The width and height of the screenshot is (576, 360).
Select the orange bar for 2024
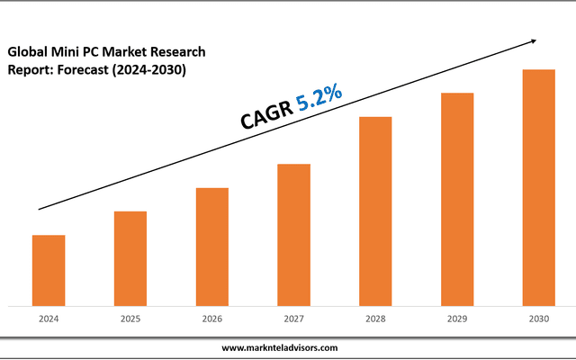pos(49,270)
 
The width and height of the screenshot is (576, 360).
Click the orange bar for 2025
pos(130,258)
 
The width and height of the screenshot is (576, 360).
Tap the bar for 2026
pos(212,247)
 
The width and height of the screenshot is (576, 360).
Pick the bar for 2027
pos(293,235)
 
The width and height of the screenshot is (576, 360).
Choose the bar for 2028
pos(375,211)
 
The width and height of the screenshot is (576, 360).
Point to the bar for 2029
pos(457,199)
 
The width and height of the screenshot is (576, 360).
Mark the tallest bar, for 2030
pos(539,187)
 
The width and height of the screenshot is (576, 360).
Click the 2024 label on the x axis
pos(49,319)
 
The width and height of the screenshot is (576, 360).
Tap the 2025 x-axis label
pos(130,319)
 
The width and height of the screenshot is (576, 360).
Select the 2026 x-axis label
pos(212,319)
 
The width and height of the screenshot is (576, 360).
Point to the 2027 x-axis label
pos(293,319)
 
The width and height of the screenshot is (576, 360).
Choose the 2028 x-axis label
pos(375,319)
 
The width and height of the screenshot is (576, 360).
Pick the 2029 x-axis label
pos(457,319)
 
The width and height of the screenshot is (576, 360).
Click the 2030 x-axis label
pos(539,319)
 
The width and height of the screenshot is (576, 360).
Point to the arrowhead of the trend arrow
pos(534,40)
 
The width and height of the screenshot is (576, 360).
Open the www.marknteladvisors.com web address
pos(280,347)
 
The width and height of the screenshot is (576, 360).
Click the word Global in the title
pos(27,51)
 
